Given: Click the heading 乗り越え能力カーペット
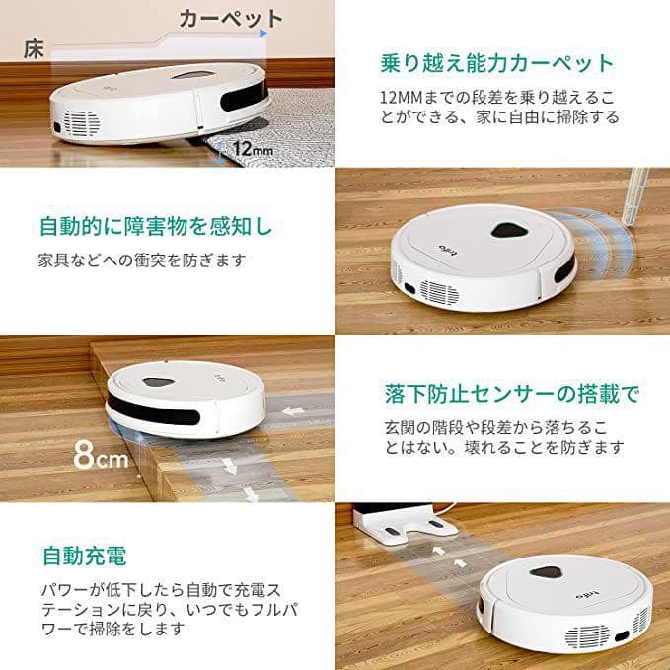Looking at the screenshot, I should point(496,63).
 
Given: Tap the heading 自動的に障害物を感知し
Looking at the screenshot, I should point(155,226).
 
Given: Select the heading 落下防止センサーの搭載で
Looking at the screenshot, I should point(511,394).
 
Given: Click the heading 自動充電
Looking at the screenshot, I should point(84,555).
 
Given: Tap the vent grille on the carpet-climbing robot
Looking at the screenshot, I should point(82,122).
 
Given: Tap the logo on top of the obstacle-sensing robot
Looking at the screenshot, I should point(447,248).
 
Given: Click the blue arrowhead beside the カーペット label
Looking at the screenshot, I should point(262,33).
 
